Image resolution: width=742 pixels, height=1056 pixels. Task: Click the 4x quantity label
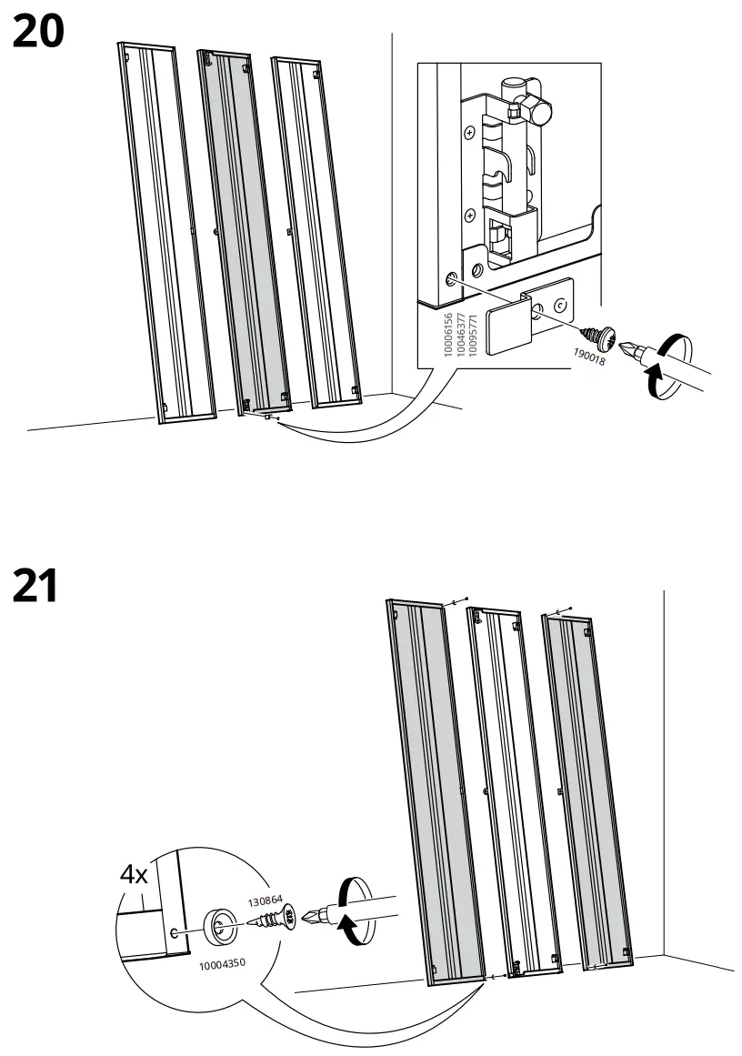(x=135, y=875)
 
